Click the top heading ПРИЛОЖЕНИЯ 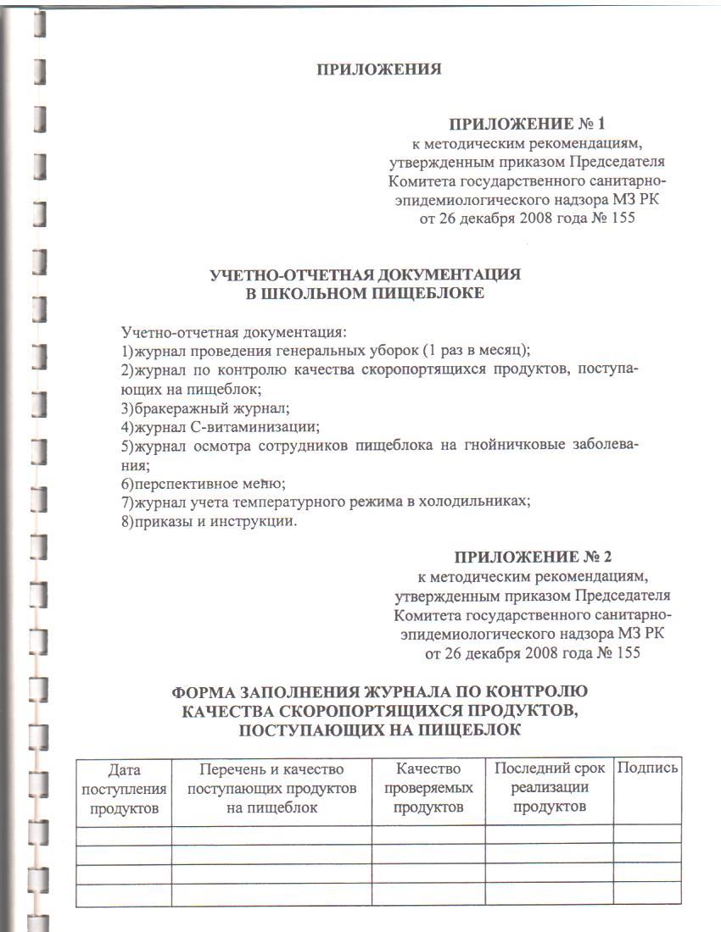point(379,69)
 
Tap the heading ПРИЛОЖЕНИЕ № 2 point(532,558)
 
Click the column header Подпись point(647,768)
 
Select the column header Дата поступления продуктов point(125,788)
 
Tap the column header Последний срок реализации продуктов point(550,787)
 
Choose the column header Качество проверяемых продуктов point(428,788)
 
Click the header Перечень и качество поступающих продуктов point(271,788)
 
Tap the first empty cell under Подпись point(647,834)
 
